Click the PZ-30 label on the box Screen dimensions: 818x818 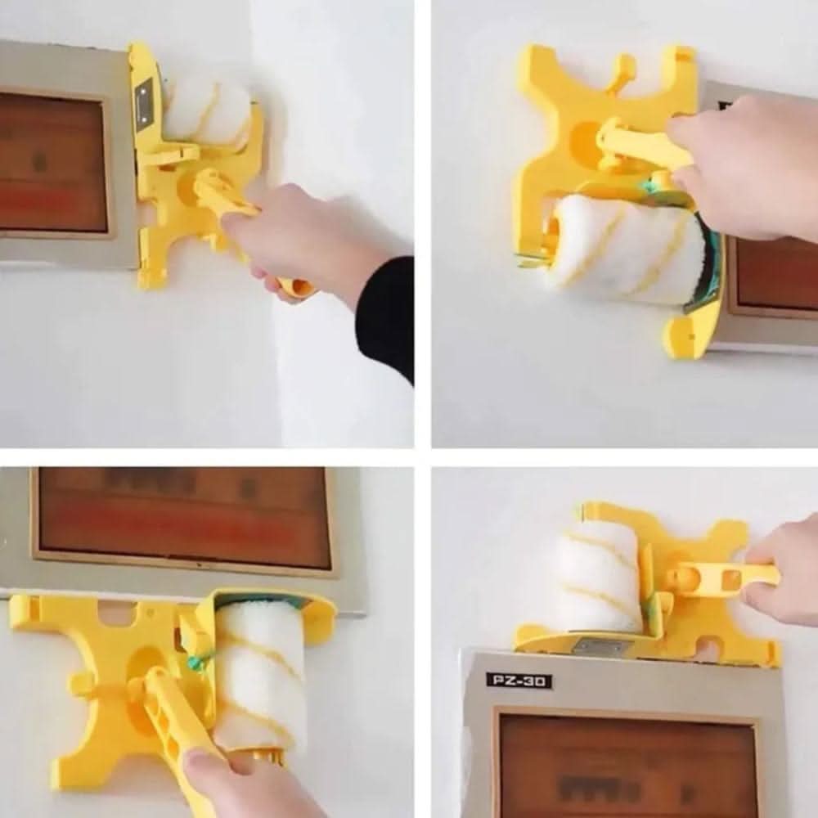point(519,680)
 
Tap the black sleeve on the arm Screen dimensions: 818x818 point(386,319)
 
